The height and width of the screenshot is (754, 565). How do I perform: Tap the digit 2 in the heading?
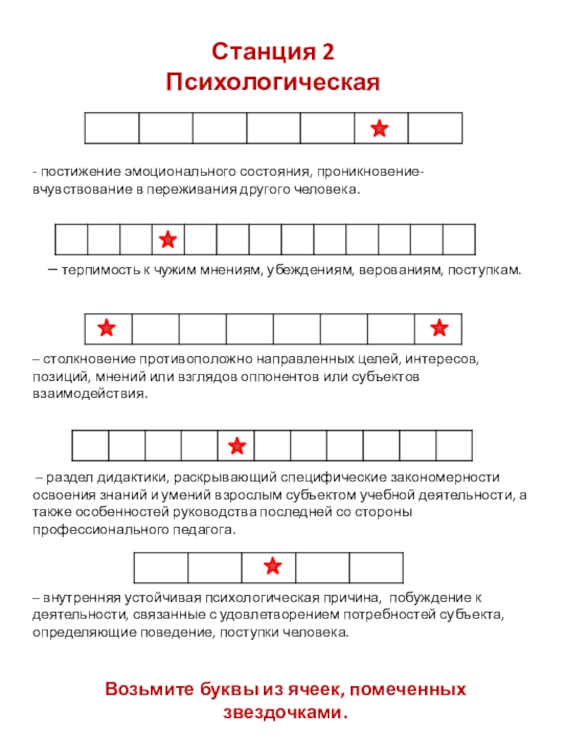[326, 52]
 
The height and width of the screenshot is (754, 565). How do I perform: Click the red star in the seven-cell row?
[380, 129]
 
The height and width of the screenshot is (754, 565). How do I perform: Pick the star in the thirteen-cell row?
[168, 240]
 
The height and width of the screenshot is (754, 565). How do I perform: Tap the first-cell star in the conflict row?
[107, 327]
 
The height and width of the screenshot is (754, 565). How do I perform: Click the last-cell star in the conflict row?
[439, 327]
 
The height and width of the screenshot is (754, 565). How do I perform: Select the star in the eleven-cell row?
[237, 446]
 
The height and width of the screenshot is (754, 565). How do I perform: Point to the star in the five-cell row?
[273, 565]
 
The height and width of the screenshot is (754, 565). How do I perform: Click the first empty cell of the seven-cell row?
[112, 129]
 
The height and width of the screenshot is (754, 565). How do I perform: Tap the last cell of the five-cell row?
[376, 567]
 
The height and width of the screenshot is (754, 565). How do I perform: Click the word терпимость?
[93, 271]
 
